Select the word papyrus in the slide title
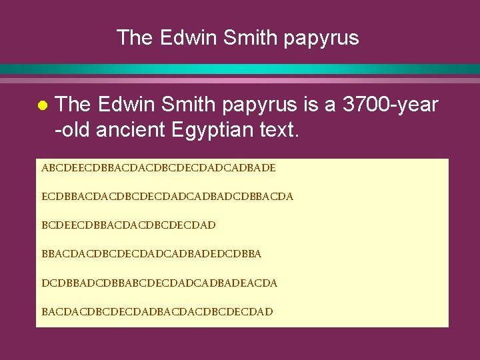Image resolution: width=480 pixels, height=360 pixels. (321, 39)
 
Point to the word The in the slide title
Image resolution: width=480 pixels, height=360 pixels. (135, 37)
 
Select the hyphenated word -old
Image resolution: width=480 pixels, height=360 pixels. (73, 130)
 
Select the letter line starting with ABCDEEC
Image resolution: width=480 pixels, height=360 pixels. (158, 168)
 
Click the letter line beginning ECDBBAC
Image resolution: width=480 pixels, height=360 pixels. (167, 197)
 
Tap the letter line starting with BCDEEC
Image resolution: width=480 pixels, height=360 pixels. (129, 225)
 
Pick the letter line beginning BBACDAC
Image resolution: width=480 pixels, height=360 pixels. (151, 254)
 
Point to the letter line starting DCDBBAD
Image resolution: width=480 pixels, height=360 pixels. (159, 283)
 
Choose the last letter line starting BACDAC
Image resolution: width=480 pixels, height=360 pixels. (157, 311)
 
